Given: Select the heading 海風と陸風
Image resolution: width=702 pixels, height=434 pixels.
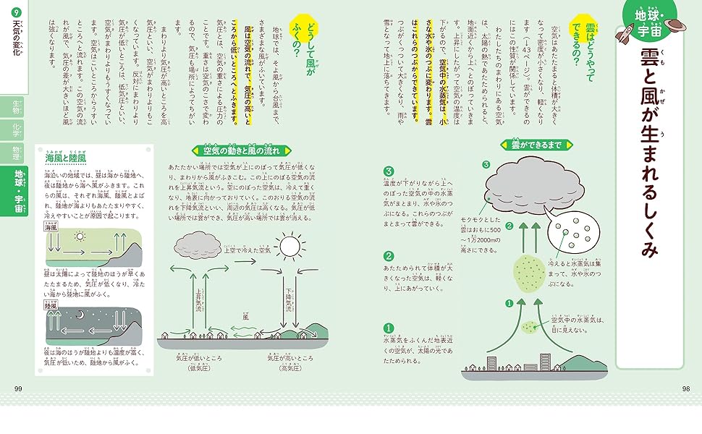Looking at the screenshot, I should [66, 157].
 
